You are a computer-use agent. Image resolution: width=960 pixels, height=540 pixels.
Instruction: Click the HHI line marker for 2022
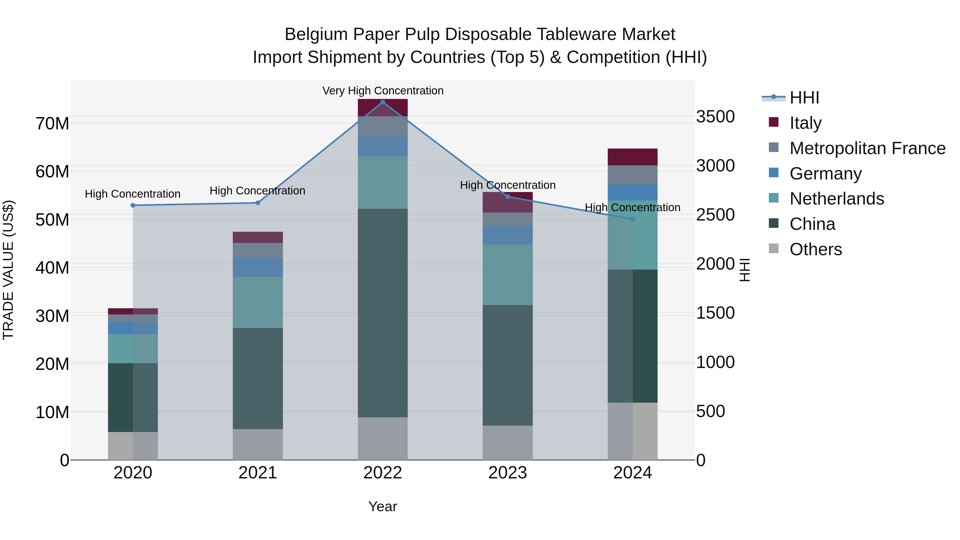tap(382, 102)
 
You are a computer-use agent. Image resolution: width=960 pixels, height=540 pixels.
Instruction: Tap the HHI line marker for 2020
tap(133, 205)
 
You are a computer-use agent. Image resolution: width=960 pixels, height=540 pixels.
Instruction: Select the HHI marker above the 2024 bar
tap(633, 219)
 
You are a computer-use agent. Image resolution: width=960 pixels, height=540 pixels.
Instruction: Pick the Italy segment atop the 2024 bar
tap(633, 157)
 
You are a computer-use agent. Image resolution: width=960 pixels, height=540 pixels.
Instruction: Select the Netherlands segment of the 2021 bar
tap(258, 302)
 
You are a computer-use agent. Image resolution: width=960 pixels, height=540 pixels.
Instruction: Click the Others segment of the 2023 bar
tap(507, 442)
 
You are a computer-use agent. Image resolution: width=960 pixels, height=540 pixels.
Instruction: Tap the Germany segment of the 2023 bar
tap(507, 235)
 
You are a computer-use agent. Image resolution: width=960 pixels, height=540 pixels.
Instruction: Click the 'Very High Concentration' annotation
tap(383, 91)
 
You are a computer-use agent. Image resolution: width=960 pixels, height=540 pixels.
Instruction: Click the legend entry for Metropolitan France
tap(867, 148)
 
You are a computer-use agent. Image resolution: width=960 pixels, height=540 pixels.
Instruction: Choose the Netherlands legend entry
tap(837, 199)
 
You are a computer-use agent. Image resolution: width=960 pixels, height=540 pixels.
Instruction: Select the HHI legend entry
tap(804, 98)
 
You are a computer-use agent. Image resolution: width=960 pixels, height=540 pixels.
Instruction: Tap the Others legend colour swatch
tap(774, 249)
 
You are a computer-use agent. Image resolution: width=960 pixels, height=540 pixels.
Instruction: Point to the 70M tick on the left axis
tap(52, 124)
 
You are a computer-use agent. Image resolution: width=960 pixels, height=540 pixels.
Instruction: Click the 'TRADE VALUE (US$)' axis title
tap(8, 270)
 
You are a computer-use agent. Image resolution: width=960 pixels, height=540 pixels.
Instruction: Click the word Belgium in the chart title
tap(316, 34)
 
